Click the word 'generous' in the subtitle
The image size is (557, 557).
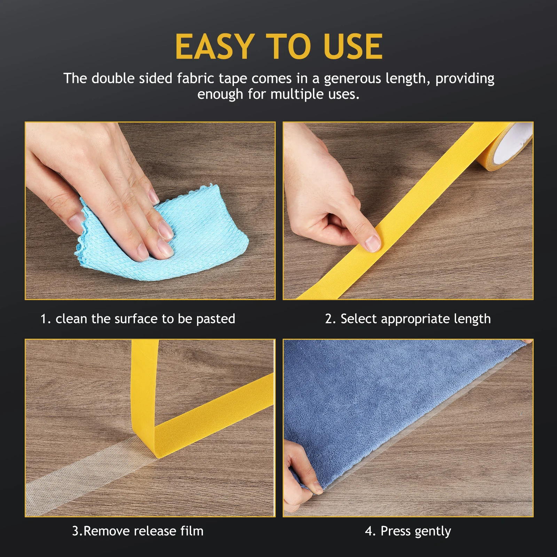(x=352, y=79)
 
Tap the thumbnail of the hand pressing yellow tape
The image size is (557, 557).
(x=408, y=211)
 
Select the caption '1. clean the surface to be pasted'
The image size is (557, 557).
(x=138, y=319)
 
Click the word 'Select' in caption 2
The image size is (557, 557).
(x=359, y=319)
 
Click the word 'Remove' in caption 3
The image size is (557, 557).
(x=107, y=531)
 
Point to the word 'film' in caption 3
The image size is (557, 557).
(x=192, y=531)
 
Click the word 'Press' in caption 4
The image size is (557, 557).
(x=395, y=531)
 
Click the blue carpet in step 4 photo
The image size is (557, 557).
(x=383, y=400)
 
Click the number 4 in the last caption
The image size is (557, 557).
(x=369, y=531)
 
